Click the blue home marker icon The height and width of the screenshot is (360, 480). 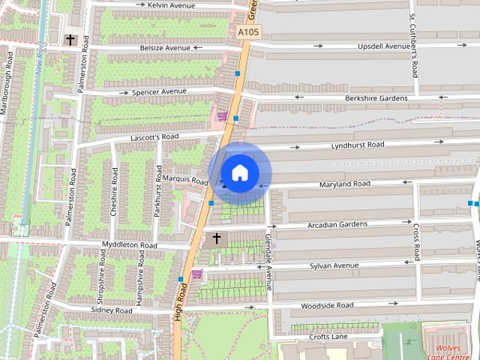click(239, 173)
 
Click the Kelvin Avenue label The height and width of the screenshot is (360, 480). click(171, 4)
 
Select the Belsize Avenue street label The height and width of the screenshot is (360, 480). click(166, 47)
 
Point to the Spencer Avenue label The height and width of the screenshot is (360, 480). click(159, 92)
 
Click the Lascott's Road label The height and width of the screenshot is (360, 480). click(154, 137)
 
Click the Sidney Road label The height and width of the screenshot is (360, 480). click(111, 310)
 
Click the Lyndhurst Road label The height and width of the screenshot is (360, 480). click(358, 145)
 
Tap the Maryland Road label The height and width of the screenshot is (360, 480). click(344, 184)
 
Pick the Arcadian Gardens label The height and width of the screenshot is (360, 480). click(337, 224)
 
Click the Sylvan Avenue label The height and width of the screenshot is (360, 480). click(334, 265)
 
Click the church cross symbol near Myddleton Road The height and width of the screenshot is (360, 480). click(217, 239)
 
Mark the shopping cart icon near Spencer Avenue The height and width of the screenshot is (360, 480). click(223, 115)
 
